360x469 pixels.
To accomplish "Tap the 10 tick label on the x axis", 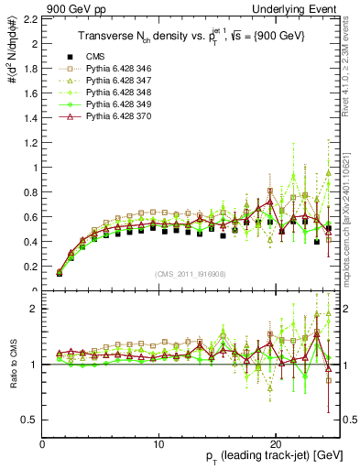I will coord(159,444).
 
